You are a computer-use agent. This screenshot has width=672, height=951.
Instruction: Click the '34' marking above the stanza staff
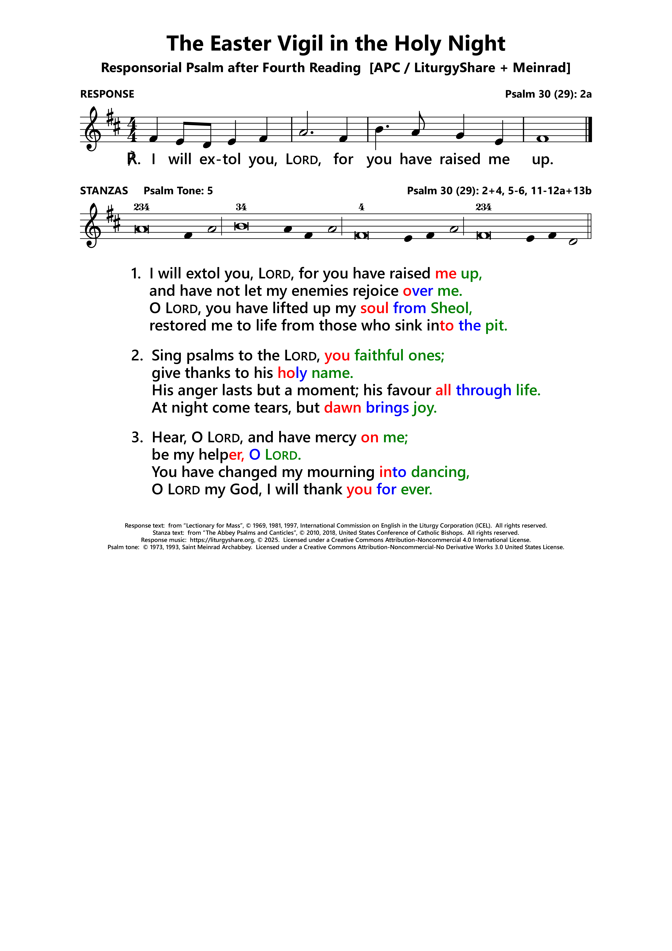pos(241,207)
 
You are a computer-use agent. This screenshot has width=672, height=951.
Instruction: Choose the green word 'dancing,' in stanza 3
pos(440,472)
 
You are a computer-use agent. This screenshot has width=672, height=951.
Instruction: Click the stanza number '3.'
pos(137,437)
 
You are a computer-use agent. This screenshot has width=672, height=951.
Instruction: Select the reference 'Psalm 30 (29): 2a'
pos(548,94)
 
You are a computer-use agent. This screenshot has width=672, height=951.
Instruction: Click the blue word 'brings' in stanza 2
pos(387,408)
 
